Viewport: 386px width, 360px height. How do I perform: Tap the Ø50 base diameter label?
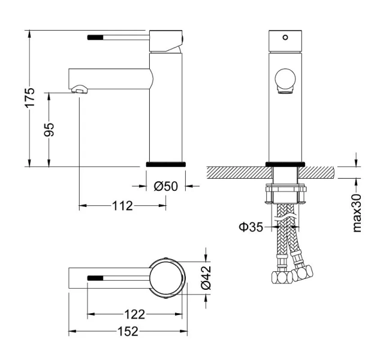click(166, 187)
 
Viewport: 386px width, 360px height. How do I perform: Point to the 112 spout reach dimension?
click(122, 206)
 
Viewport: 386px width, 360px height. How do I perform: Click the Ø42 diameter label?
click(204, 278)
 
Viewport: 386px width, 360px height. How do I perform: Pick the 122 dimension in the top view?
click(135, 314)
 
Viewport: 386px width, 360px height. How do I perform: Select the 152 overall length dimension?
click(128, 331)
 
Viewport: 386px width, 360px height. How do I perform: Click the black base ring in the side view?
click(166, 163)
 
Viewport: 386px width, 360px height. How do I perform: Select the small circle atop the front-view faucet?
click(285, 37)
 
